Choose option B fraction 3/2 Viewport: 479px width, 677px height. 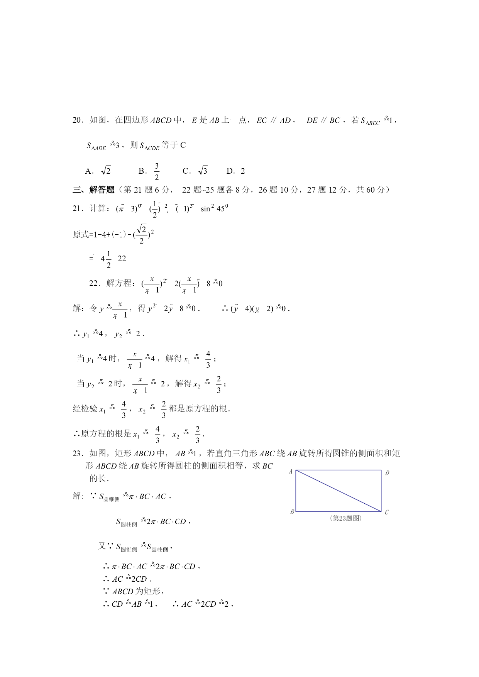click(x=150, y=171)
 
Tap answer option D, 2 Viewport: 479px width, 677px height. click(x=236, y=171)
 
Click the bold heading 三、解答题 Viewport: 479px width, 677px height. click(x=94, y=190)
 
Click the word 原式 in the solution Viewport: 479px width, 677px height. click(x=81, y=234)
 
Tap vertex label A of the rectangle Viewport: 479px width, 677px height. click(x=291, y=472)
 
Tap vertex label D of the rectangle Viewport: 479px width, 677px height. click(x=387, y=473)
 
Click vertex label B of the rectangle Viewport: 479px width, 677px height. click(x=292, y=512)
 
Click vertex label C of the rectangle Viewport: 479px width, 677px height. click(x=387, y=512)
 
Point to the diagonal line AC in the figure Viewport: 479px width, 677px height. click(x=339, y=491)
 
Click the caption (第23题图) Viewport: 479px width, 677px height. click(x=346, y=518)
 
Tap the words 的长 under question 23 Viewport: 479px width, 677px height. click(x=98, y=478)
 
